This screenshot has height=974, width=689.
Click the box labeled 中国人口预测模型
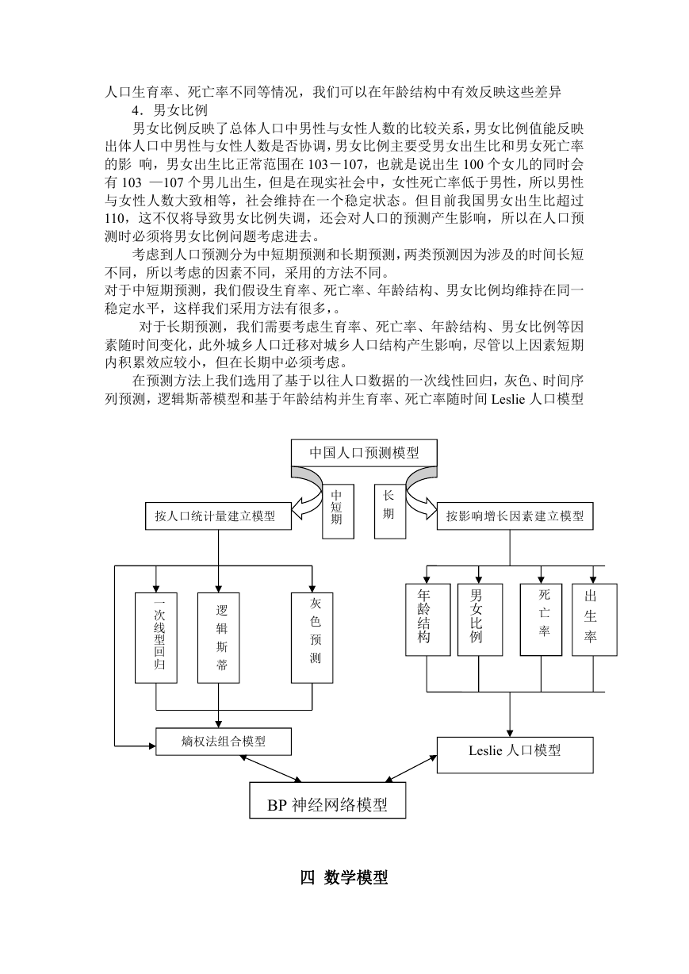pos(364,453)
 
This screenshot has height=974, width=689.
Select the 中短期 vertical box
pos(338,512)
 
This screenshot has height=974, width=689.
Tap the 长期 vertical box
pos(390,512)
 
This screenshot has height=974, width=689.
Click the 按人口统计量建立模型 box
pos(218,516)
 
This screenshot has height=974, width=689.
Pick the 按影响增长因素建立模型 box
pos(515,516)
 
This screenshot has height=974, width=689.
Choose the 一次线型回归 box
pos(156,638)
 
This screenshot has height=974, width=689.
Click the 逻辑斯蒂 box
pos(218,638)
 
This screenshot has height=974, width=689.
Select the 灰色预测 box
pos(312,638)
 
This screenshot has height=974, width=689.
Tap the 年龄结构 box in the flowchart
pos(427,619)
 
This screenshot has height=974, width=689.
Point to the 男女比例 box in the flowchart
pos(480,619)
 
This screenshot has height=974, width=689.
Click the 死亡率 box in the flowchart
pos(542,619)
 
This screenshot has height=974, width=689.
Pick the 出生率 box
pos(594,619)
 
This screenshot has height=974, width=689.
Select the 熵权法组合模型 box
pos(224,742)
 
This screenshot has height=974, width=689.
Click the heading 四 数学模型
pos(344,877)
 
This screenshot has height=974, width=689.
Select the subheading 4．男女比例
pos(170,110)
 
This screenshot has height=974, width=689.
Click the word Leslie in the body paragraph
pos(508,399)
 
